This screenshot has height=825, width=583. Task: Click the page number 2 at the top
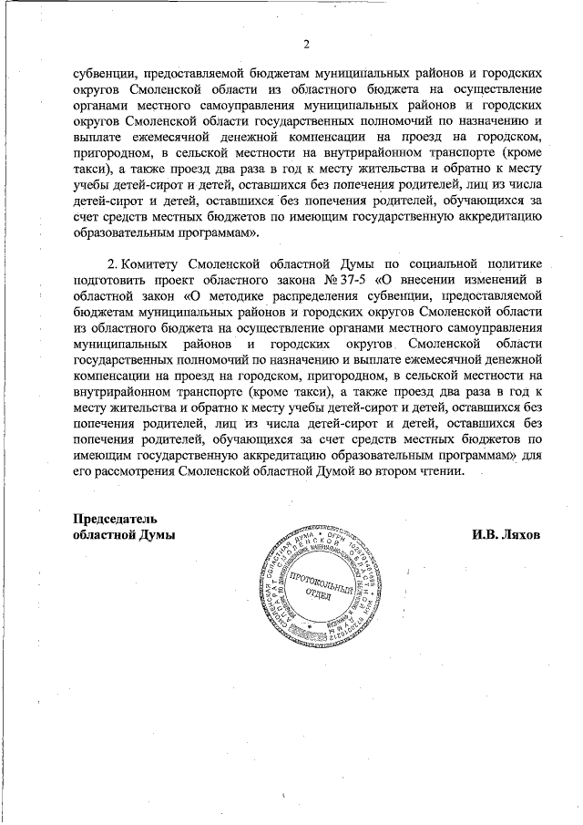click(306, 44)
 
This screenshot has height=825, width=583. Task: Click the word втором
click(393, 471)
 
